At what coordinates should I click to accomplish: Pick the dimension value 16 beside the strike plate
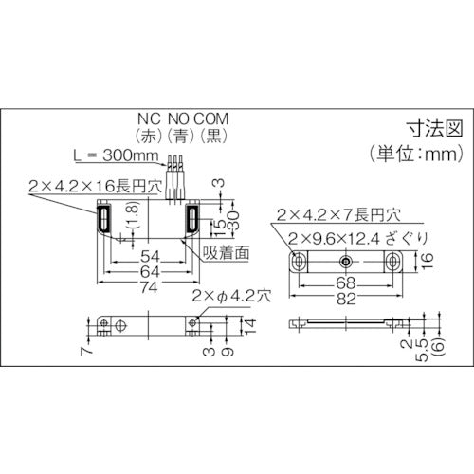(x=428, y=260)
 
